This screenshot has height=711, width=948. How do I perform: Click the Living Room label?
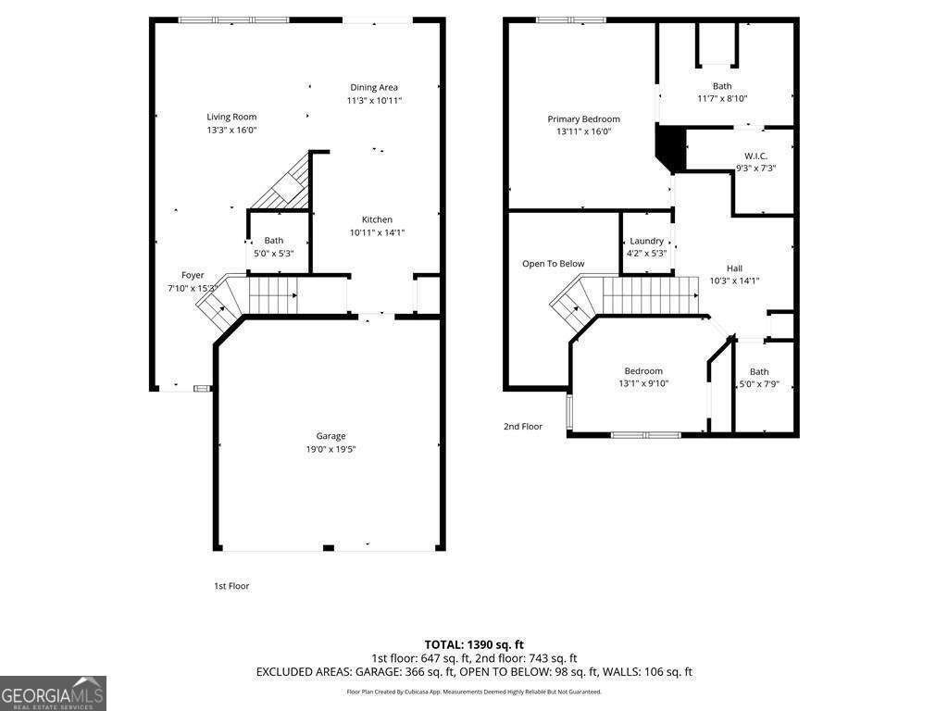231,117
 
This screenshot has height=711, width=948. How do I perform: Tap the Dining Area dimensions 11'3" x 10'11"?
374,101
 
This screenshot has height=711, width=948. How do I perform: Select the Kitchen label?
377,219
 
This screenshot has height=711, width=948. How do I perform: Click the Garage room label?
331,436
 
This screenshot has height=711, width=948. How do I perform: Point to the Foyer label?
193,275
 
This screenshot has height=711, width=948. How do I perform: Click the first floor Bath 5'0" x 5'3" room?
274,246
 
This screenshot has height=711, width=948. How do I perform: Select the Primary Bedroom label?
583,118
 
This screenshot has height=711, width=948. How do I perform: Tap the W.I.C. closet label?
755,156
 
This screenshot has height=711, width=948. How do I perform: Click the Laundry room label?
646,241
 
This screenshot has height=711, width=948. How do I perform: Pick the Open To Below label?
554,264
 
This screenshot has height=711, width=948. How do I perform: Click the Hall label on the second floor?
734,268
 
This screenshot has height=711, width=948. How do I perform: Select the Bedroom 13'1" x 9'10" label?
643,371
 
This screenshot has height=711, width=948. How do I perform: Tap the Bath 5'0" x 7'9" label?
759,371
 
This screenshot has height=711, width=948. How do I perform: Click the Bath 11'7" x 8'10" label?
722,86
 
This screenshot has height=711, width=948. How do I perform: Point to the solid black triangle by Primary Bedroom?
668,148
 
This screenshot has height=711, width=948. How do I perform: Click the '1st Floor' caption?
231,586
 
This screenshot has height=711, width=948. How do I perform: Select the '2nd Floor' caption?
523,427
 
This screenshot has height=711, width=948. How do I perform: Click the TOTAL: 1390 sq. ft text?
474,644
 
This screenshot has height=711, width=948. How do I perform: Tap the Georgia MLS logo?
53,693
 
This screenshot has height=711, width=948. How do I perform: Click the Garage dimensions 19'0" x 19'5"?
331,449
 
